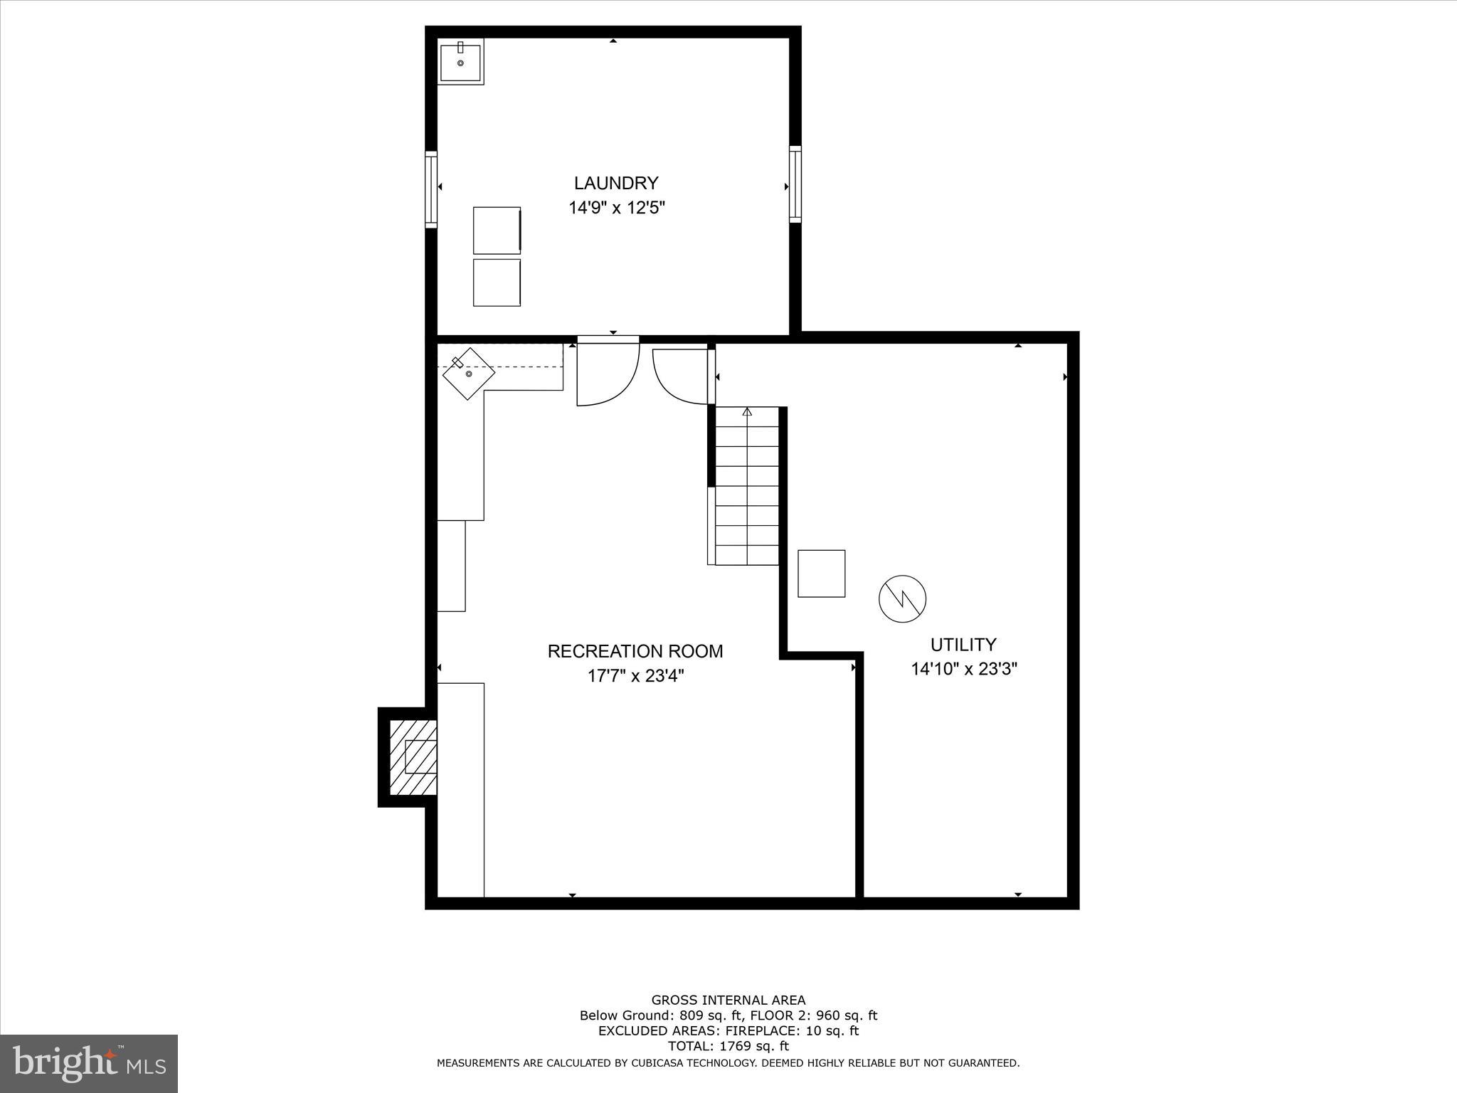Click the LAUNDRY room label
616,183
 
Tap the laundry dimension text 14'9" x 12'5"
616,208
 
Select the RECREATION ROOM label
635,651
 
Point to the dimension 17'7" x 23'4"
635,675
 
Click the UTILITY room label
963,645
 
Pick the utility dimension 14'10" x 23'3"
963,669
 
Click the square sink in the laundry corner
460,62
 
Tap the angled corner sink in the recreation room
469,374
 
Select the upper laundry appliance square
497,230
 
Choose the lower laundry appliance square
497,283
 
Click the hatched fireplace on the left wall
413,757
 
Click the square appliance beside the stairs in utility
821,574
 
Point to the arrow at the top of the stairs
747,411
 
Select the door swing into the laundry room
606,374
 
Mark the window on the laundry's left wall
431,189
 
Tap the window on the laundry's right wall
795,184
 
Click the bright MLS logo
89,1064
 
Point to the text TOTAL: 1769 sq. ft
728,1046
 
